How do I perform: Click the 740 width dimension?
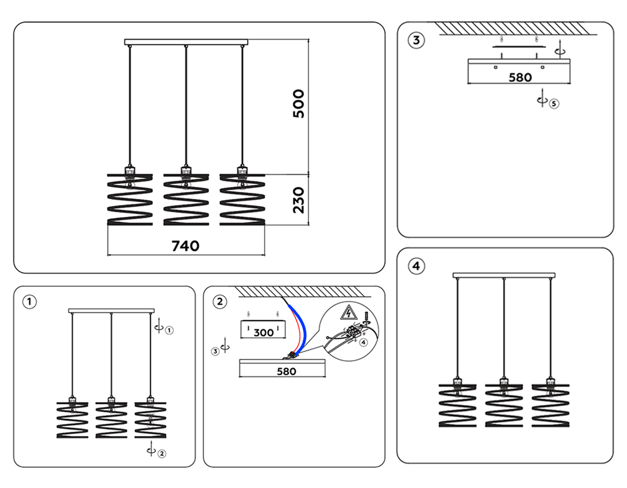186,246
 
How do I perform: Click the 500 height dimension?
299,103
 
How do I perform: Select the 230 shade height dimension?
299,199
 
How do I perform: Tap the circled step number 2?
219,302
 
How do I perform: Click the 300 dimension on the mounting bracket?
263,332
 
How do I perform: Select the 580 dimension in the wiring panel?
283,371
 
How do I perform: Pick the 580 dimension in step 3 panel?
519,78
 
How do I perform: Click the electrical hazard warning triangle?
346,312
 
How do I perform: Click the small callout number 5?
554,103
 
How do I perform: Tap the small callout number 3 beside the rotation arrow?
215,352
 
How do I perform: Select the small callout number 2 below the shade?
162,454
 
